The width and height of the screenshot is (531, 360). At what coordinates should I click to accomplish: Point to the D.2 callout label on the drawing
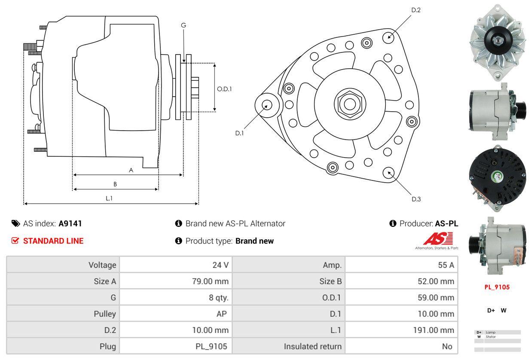(x=415, y=10)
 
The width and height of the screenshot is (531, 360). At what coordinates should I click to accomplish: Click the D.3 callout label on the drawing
(x=416, y=199)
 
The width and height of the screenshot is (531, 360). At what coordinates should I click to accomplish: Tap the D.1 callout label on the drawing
(x=239, y=133)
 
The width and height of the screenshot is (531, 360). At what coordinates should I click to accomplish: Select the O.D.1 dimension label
(x=224, y=89)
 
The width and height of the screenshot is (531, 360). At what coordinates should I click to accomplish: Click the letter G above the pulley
(x=183, y=25)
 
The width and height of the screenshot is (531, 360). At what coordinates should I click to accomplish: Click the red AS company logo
(x=438, y=239)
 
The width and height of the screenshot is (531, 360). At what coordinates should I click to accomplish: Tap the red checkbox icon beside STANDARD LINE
(x=15, y=241)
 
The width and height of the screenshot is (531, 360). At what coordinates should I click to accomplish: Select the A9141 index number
(x=70, y=223)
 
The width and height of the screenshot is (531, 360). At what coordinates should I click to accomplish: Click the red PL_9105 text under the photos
(x=497, y=287)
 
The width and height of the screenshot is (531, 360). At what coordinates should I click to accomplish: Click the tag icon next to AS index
(x=15, y=223)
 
